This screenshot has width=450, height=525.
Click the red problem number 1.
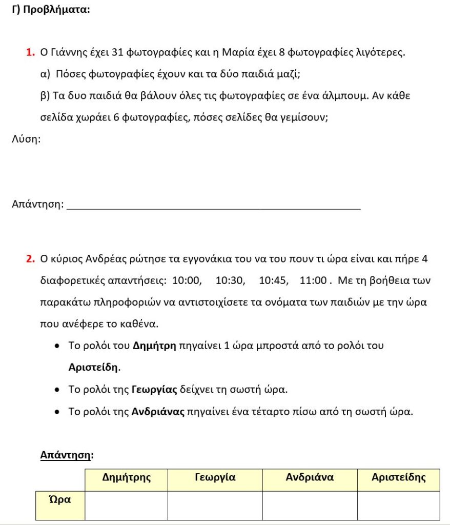(x=30, y=52)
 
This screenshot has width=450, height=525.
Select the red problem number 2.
(x=30, y=258)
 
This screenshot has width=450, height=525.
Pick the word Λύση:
(x=26, y=139)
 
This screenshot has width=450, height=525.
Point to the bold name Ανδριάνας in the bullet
(x=158, y=412)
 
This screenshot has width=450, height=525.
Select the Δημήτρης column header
(x=126, y=478)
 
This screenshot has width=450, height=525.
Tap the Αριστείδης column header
(x=398, y=478)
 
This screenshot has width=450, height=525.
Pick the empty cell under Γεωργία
(x=215, y=506)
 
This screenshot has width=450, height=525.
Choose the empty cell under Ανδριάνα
(x=310, y=506)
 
